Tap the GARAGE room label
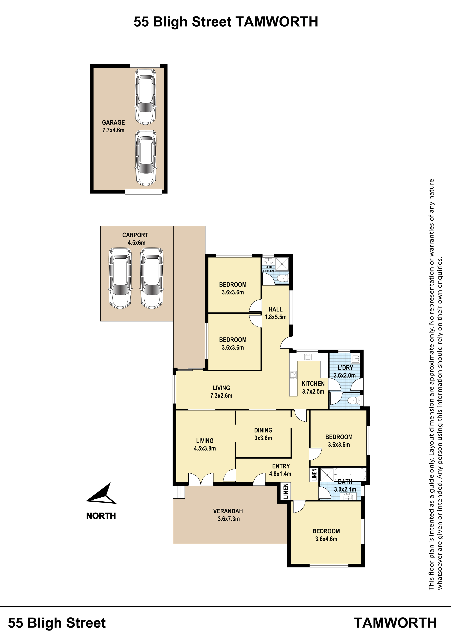tap(113, 123)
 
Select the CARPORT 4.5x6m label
tap(135, 239)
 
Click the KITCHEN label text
tap(313, 384)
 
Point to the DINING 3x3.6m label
tap(263, 434)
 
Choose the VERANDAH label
tap(228, 511)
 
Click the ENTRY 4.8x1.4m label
tap(280, 470)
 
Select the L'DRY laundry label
tap(345, 368)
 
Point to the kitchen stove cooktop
tap(293, 375)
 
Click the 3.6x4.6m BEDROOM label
tap(326, 535)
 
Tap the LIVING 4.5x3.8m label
tap(205, 444)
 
